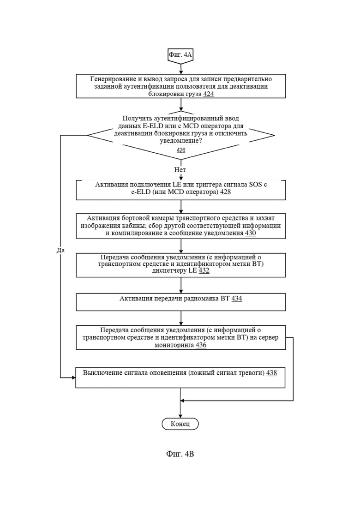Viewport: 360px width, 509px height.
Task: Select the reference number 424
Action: [x=209, y=94]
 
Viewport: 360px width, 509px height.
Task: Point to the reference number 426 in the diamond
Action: [x=181, y=150]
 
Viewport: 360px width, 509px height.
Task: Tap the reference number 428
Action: [x=225, y=192]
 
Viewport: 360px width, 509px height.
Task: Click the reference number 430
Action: [x=251, y=233]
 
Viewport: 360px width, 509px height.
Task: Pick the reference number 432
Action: [x=204, y=270]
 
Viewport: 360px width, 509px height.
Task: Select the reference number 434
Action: [x=237, y=298]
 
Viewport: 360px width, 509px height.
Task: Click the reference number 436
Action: [x=201, y=345]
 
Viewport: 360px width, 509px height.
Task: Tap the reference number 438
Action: [x=272, y=373]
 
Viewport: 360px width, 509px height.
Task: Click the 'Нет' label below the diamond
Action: [x=180, y=170]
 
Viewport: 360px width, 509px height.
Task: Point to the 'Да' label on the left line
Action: [x=60, y=250]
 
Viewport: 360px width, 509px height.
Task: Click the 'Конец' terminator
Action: [x=180, y=424]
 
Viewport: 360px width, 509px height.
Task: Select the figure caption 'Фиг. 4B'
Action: [x=180, y=454]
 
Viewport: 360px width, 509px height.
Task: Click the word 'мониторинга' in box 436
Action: [x=174, y=345]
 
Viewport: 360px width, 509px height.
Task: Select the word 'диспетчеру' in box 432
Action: [x=169, y=270]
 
